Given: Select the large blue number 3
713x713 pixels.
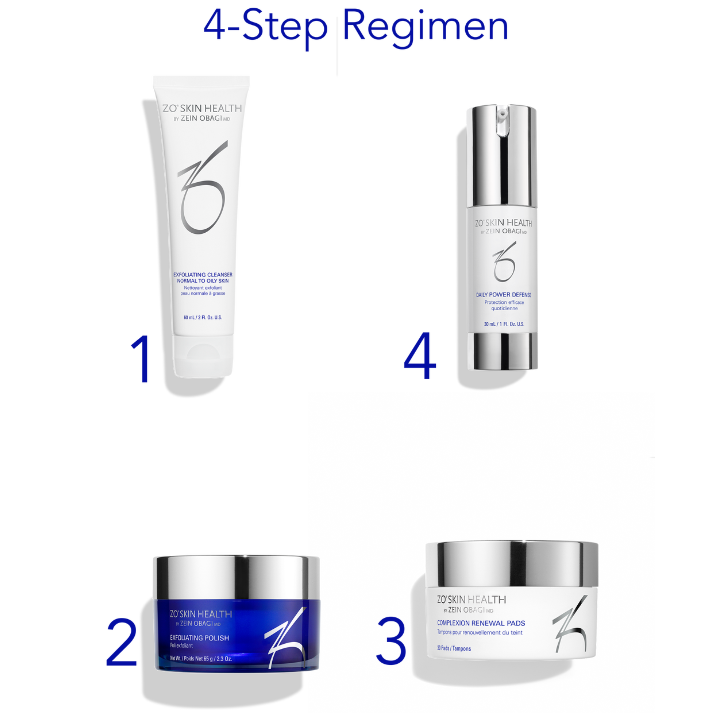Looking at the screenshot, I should tap(391, 641).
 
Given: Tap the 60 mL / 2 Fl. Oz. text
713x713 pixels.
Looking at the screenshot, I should tap(203, 317).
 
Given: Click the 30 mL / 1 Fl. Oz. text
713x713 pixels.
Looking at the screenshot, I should tap(504, 324).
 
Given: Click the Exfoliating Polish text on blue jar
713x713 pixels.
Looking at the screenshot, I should tap(199, 638).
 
